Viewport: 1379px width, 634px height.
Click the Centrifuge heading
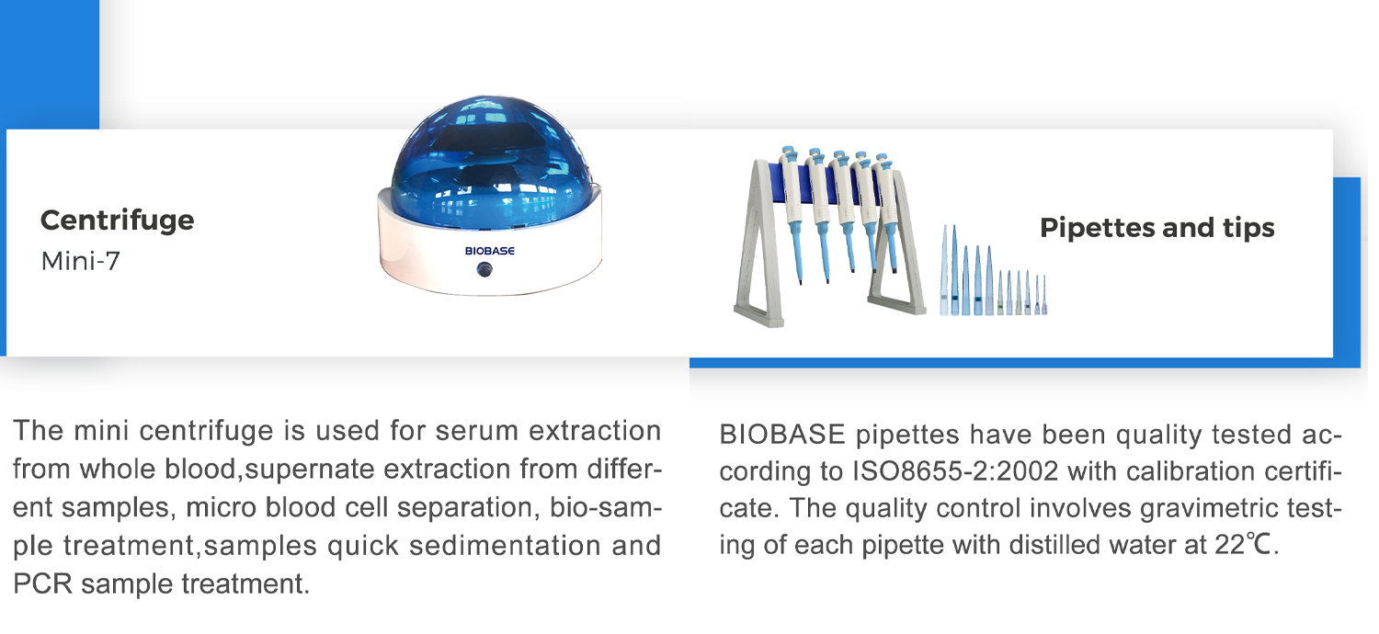point(117,221)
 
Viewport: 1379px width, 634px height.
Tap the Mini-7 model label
point(80,261)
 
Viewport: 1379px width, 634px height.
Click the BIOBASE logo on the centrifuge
point(489,251)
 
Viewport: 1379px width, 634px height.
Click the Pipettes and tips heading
point(1157,228)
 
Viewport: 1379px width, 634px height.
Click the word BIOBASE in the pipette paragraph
point(781,435)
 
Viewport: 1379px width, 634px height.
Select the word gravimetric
point(1214,508)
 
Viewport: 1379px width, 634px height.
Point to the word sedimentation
point(505,546)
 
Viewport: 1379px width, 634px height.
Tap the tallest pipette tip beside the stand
point(955,271)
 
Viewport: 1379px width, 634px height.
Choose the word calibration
point(1191,471)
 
